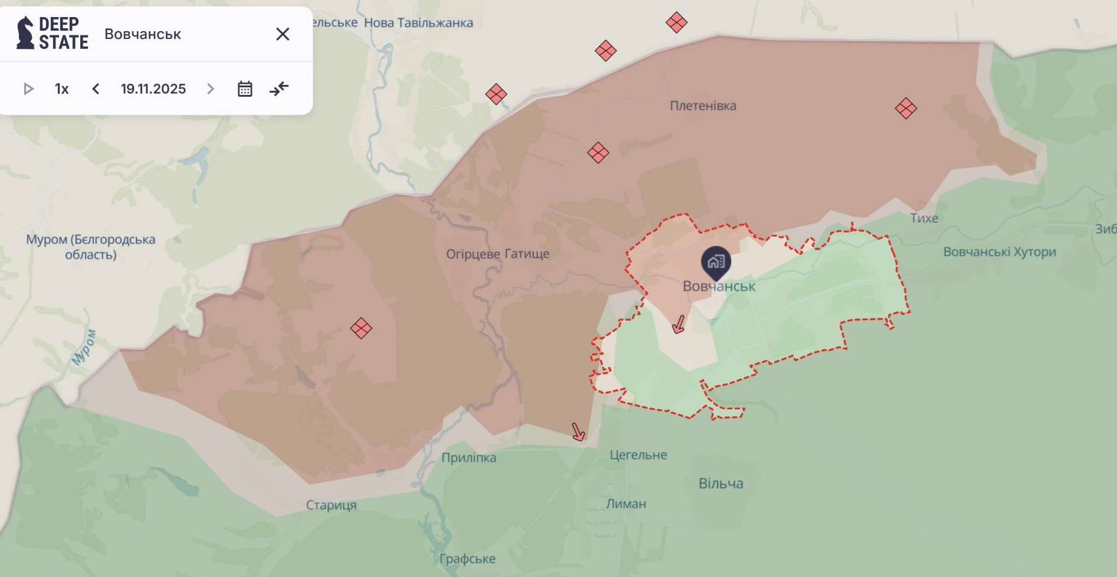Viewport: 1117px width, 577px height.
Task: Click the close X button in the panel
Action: coord(283,34)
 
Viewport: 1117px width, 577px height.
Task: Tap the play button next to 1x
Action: coord(28,89)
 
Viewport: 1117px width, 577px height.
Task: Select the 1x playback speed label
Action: coord(62,89)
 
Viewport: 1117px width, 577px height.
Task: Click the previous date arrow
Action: coord(96,89)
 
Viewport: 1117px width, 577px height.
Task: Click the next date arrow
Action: coord(211,89)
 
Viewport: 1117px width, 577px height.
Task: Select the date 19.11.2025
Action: coord(153,89)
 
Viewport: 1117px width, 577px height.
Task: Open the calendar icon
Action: coord(245,89)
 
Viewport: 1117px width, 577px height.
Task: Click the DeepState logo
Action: coord(53,33)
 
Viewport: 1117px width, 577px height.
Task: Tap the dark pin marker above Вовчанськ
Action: coord(716,262)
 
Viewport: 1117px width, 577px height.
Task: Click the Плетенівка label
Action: coord(703,106)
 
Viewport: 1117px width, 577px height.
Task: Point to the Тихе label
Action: coord(923,218)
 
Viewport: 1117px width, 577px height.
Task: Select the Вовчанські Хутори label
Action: coord(999,252)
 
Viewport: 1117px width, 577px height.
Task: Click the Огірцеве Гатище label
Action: coord(497,254)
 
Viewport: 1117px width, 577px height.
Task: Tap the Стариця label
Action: coord(331,505)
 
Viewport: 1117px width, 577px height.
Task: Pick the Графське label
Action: coord(467,559)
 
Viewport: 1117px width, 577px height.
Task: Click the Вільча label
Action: coord(720,484)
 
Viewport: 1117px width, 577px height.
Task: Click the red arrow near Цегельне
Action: coord(578,432)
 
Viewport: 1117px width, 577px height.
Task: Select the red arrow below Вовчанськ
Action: coord(679,324)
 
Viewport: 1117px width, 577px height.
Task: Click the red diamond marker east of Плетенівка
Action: coord(905,109)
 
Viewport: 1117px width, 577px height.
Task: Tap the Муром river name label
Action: coord(83,347)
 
